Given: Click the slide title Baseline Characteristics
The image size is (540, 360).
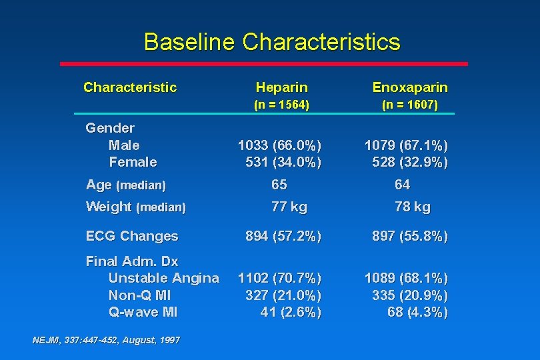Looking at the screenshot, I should (x=272, y=42).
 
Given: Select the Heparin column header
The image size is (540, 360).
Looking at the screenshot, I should (x=281, y=87).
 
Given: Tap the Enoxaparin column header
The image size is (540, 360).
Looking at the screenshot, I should (x=410, y=87).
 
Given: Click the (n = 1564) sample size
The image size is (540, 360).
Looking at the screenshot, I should (x=281, y=105).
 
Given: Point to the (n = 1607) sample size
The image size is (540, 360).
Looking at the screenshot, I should (x=410, y=105).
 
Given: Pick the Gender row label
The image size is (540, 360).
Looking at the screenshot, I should (x=110, y=127).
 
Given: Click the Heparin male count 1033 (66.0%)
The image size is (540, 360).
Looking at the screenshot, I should (x=279, y=145).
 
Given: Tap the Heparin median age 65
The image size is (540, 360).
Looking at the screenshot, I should (x=279, y=185).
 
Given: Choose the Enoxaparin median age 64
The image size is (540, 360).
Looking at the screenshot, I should (x=403, y=185).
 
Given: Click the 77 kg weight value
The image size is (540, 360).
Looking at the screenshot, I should (x=289, y=207).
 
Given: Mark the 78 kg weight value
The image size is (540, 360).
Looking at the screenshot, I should (x=413, y=207).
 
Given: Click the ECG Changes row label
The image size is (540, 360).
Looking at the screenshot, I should (x=132, y=236).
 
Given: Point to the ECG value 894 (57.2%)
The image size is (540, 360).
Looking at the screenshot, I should (x=283, y=236).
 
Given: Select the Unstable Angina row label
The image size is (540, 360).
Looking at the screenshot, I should (x=163, y=278).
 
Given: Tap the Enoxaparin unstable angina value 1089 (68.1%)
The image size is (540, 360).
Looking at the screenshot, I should (x=406, y=278).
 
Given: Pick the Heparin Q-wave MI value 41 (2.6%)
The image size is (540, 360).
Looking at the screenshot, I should (x=291, y=313).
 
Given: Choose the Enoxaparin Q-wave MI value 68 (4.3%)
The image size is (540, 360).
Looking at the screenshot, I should (x=417, y=313).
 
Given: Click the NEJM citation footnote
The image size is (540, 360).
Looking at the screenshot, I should (x=106, y=340).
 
